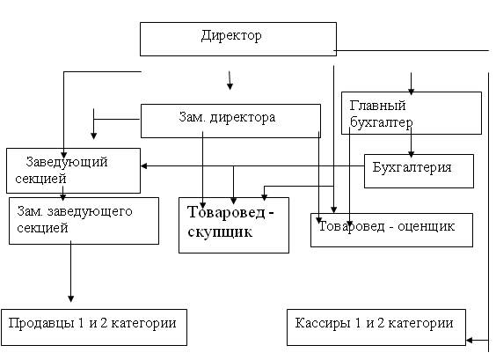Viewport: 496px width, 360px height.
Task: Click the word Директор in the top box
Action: pos(231,35)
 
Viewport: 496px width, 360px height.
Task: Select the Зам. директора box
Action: pos(230,121)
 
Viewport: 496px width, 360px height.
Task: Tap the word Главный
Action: pos(377,106)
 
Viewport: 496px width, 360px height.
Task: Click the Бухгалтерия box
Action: pos(419,171)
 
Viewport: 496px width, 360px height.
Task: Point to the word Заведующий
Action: pos(67,162)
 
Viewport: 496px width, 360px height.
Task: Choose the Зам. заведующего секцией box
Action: pos(84,221)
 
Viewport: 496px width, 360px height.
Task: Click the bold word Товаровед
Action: pos(227,212)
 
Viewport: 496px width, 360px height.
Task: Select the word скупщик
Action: pos(220,232)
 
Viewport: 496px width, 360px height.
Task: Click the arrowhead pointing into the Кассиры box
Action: pos(470,341)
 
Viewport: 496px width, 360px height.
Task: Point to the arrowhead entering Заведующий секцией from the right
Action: pos(144,165)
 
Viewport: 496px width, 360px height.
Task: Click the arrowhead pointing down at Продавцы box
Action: pos(71,298)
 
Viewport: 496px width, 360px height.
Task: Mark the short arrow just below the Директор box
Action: pos(230,80)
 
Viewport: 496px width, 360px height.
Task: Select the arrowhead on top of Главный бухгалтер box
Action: pos(411,92)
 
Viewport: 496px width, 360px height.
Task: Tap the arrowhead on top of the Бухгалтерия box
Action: pos(411,154)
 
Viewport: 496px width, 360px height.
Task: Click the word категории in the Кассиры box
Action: pos(420,324)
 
